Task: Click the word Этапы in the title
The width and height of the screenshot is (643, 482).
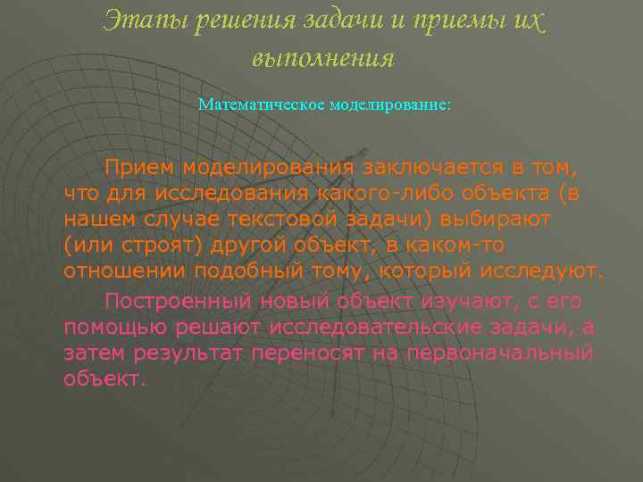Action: [139, 21]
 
